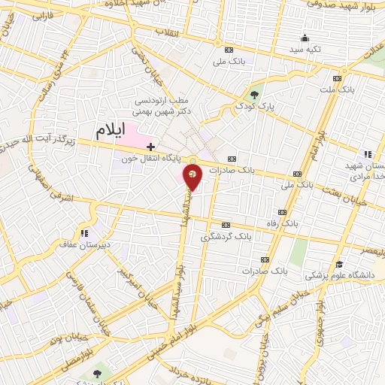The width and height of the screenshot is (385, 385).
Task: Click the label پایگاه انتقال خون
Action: coord(150,158)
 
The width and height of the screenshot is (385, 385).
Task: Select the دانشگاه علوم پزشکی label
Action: coord(345,276)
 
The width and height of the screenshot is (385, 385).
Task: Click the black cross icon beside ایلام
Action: coord(151,145)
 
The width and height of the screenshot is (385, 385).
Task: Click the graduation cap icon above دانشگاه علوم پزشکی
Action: coord(340,265)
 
